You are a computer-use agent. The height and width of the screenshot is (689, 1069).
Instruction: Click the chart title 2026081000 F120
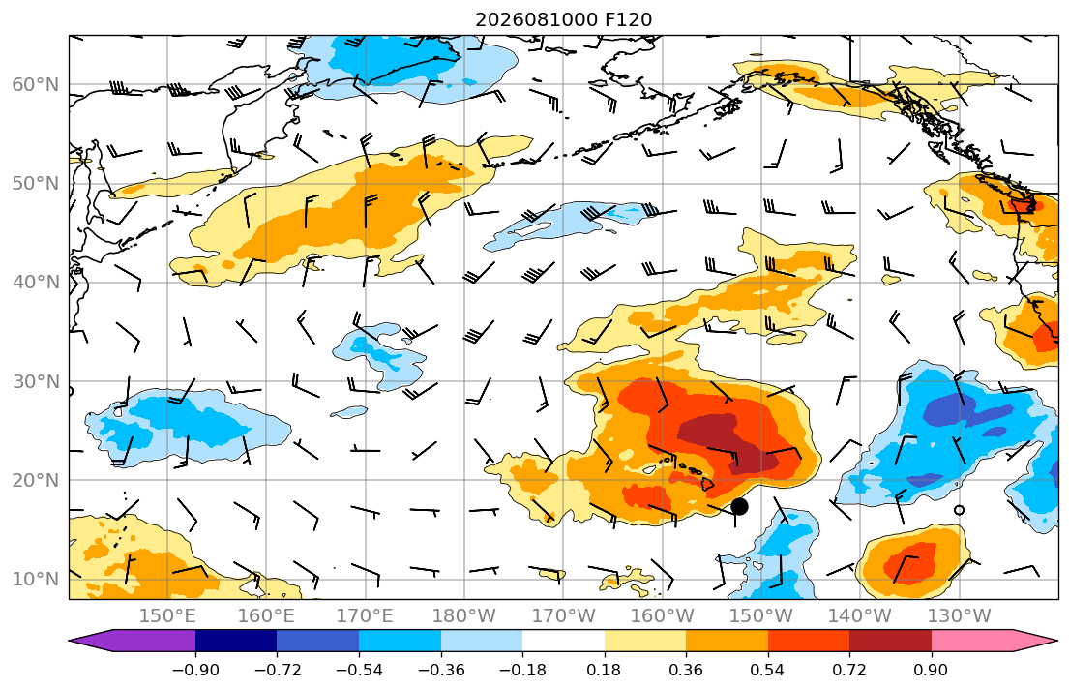[x=563, y=19]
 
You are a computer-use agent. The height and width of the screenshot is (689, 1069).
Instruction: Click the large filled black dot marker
[x=739, y=506]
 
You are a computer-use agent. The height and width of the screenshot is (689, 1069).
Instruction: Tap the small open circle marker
[x=960, y=510]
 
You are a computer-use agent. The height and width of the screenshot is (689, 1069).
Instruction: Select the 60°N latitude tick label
[x=36, y=84]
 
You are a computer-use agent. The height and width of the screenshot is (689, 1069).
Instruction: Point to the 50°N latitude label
[x=36, y=184]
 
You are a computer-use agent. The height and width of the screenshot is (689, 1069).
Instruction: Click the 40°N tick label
[x=36, y=283]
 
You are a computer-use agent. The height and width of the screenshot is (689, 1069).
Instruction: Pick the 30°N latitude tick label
[x=36, y=381]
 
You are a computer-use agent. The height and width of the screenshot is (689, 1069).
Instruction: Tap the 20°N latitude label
[x=36, y=480]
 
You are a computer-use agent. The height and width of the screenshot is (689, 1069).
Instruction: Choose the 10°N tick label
[x=36, y=580]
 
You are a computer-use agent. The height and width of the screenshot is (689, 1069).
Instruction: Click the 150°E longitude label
[x=167, y=616]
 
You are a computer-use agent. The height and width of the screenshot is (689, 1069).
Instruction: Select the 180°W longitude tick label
[x=464, y=616]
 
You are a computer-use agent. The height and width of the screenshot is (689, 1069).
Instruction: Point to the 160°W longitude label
[x=662, y=616]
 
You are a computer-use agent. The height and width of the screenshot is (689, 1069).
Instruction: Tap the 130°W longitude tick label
[x=960, y=616]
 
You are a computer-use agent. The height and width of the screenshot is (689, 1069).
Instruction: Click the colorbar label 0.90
[x=932, y=670]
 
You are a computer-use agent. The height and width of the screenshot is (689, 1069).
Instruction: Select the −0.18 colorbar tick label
[x=522, y=670]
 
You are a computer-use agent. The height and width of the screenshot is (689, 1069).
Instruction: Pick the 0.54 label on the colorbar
[x=768, y=670]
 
